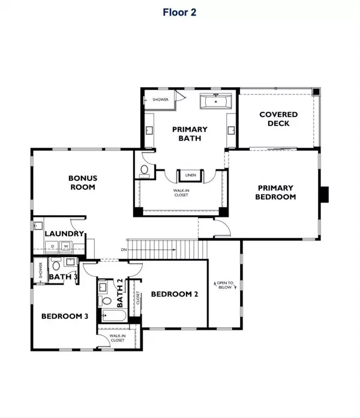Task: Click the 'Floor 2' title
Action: point(179,12)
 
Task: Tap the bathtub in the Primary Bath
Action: point(215,101)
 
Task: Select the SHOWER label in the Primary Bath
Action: point(160,100)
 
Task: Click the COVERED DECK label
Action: point(278,119)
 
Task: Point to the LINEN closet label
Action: point(190,175)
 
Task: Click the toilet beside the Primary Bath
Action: point(145,171)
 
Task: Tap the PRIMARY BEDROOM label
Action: point(275,192)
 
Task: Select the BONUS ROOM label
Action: point(83,183)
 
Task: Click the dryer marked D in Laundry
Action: point(52,246)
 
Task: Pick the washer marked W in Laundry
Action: point(66,246)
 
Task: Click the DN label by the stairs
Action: point(124,250)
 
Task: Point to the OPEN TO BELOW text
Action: point(225,285)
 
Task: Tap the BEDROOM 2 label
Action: point(175,294)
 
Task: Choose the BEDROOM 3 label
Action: point(65,316)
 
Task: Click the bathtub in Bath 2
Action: point(114,316)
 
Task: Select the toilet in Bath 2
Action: point(106,301)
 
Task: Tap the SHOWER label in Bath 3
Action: point(41,270)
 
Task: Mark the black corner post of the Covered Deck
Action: point(316,92)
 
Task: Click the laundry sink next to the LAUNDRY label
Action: point(38,226)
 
